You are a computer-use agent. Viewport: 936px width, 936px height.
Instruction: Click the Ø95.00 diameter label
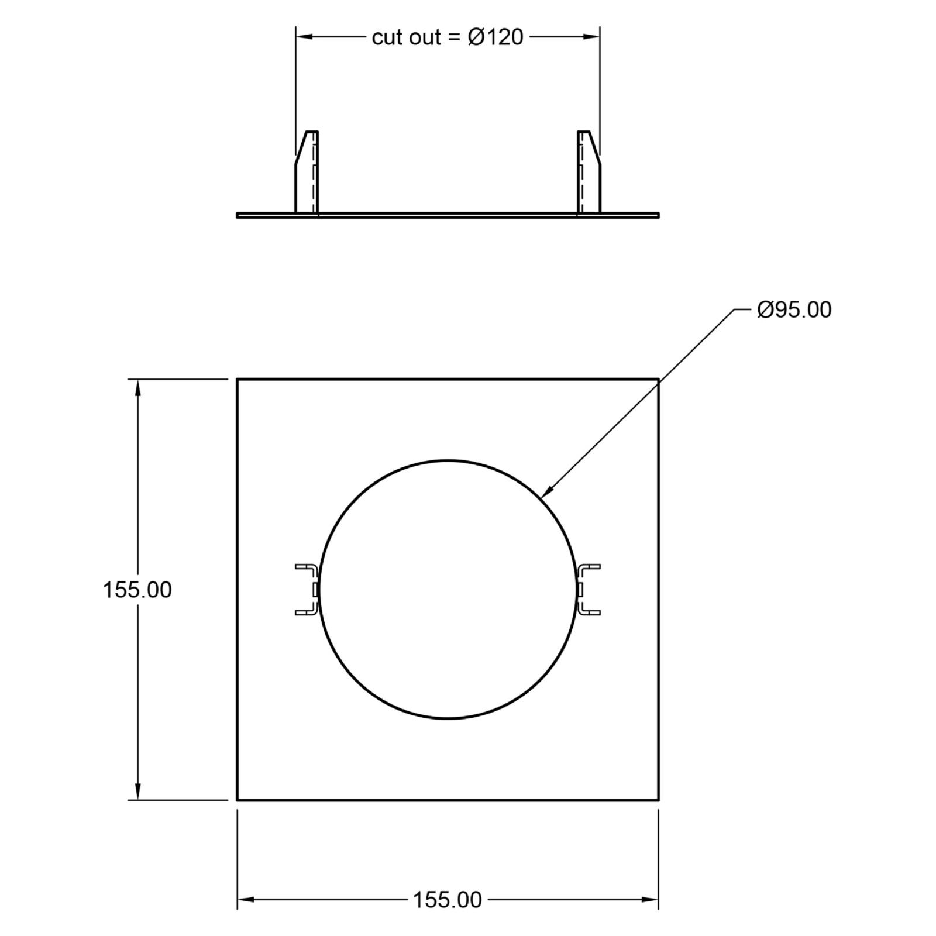point(794,309)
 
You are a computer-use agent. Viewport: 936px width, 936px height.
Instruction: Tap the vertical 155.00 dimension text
point(137,590)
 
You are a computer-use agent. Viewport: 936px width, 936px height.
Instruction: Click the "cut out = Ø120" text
point(448,37)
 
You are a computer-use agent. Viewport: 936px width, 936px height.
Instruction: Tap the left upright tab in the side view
point(307,172)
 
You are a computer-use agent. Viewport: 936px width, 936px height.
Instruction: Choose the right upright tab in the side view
point(589,172)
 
